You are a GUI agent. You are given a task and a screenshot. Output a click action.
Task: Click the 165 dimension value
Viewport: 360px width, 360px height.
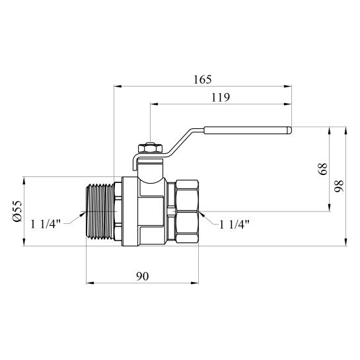tap(202, 80)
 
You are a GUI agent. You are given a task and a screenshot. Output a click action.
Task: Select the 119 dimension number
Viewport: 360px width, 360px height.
tap(221, 98)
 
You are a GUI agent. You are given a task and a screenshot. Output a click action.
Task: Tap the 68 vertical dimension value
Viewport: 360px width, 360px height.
tap(323, 168)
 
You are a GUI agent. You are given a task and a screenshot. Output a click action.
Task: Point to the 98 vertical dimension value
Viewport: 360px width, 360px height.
tap(339, 186)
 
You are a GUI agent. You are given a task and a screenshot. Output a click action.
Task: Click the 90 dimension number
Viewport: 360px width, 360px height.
tap(142, 276)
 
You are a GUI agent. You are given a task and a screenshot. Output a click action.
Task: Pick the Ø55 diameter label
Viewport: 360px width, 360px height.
tap(17, 211)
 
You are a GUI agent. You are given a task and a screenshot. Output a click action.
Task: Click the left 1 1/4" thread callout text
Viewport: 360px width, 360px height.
tap(46, 224)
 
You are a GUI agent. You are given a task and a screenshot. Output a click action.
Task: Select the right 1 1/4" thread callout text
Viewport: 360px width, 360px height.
tap(234, 225)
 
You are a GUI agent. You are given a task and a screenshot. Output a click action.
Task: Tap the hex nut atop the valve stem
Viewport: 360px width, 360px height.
tap(151, 148)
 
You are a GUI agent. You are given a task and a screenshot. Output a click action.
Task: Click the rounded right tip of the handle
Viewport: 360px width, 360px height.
tap(290, 130)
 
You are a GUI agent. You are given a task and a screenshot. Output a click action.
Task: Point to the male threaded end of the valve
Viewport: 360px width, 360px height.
tap(100, 211)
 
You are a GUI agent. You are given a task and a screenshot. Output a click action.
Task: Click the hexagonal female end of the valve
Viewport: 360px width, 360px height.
tap(187, 211)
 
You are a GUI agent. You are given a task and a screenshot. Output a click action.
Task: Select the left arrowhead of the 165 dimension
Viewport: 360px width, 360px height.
tap(118, 87)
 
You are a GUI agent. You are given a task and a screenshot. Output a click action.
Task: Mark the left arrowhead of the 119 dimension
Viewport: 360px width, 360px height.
tap(155, 104)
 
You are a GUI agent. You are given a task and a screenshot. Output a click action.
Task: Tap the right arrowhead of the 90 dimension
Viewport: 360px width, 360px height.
tap(194, 283)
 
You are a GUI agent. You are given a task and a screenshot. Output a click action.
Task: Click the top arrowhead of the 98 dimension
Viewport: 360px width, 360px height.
tap(345, 130)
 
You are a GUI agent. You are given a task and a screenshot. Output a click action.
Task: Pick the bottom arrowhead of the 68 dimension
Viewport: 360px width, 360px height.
tap(330, 207)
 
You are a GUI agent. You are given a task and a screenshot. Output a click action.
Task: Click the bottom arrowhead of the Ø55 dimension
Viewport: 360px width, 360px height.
tap(24, 242)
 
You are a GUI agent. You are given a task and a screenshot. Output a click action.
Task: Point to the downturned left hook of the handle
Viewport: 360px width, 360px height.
tap(135, 163)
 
